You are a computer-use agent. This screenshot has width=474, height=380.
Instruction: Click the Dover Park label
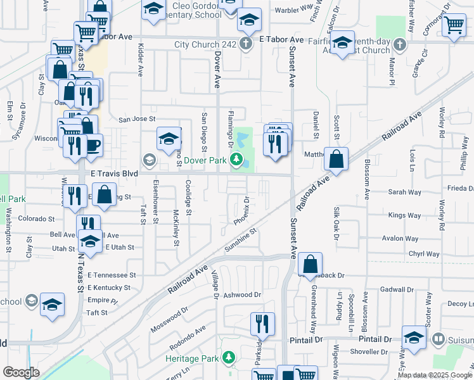206,160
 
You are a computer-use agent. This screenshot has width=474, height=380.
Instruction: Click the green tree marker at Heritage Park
228,358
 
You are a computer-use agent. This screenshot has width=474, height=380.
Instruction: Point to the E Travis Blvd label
114,173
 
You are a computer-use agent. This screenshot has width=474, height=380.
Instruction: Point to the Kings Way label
404,216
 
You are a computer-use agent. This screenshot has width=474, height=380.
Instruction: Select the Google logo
21,372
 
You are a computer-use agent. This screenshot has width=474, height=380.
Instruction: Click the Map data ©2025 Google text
434,376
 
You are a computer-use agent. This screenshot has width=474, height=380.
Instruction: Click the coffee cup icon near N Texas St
93,144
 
